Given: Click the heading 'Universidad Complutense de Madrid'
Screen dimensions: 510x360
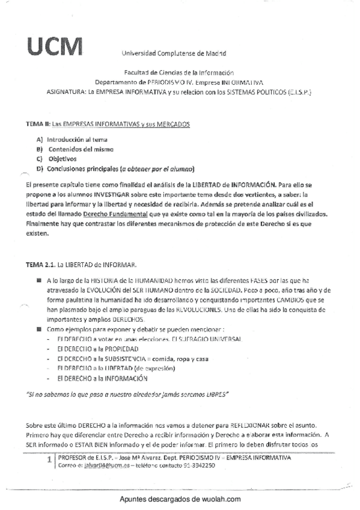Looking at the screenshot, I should coord(170,53).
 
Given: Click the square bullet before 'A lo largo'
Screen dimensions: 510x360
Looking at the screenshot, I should coord(38,280).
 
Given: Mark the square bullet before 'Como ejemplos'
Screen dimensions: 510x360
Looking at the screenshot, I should coord(38,330).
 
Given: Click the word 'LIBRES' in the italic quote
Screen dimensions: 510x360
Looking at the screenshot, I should coord(217,396).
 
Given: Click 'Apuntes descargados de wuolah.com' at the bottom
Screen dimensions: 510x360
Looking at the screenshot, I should coord(180,499).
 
